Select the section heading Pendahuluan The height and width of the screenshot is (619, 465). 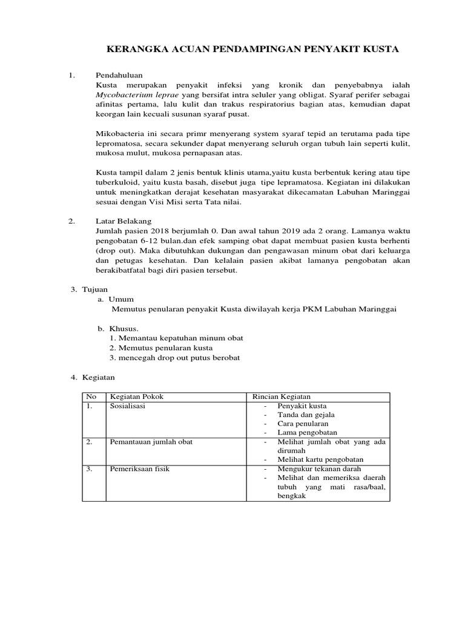[119, 76]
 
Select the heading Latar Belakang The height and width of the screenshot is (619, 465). [123, 221]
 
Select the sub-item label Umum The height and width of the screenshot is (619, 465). [121, 299]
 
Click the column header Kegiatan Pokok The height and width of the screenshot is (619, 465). [136, 397]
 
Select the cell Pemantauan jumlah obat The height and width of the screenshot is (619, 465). [151, 442]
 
